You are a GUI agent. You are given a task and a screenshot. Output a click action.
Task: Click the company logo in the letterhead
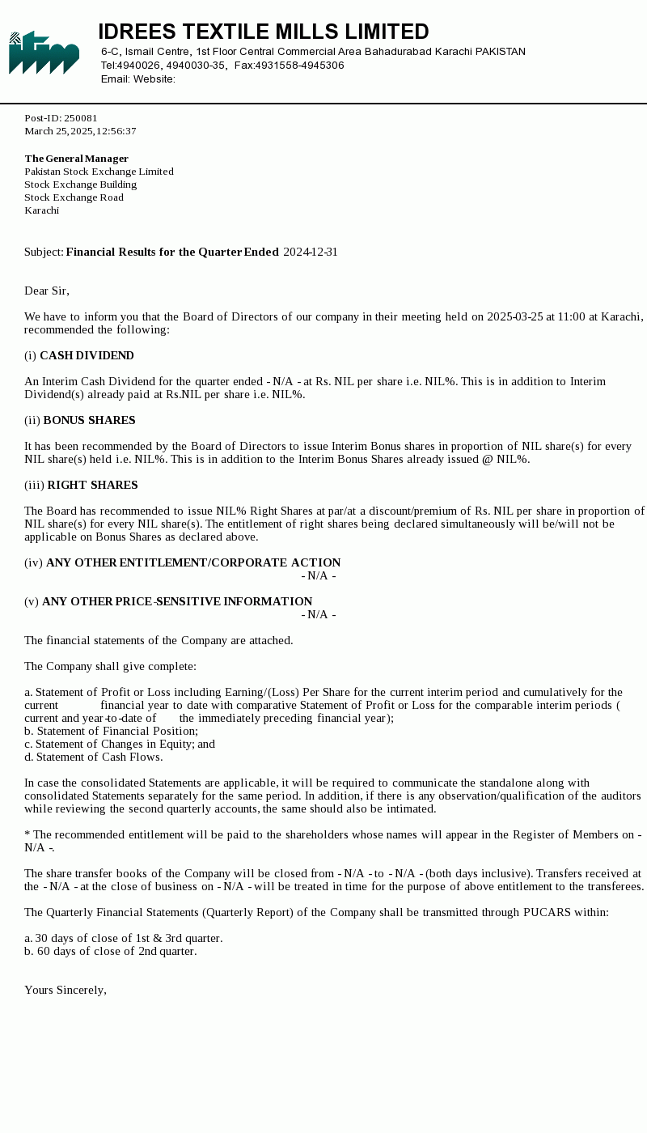[44, 53]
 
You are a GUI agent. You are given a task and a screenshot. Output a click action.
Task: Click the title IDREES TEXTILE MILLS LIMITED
[264, 32]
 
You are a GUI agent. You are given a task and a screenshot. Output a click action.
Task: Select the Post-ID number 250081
[81, 118]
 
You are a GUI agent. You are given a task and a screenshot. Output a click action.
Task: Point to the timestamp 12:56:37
[116, 131]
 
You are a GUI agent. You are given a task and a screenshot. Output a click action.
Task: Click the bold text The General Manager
[77, 159]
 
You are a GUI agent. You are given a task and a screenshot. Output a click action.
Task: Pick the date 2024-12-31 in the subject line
[311, 252]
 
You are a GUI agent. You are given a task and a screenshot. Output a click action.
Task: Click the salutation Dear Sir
[47, 291]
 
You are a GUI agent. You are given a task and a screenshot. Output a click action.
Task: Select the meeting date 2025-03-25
[515, 317]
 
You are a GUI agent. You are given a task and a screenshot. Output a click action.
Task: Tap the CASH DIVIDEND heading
[87, 356]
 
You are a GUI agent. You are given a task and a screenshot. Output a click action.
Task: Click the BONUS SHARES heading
[89, 421]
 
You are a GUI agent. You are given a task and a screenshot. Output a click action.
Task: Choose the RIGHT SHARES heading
[92, 486]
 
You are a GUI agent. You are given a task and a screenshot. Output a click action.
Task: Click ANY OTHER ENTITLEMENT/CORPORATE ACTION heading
[193, 563]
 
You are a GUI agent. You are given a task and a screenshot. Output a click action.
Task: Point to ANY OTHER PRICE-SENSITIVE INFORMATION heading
[177, 602]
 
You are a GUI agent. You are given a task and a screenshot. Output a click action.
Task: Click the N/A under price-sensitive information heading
[319, 615]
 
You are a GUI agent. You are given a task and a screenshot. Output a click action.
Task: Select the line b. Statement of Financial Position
[111, 732]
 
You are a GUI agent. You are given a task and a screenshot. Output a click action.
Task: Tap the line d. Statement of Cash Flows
[94, 757]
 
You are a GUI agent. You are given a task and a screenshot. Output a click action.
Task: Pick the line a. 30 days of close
[123, 939]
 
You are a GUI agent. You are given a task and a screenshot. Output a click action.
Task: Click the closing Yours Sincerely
[66, 991]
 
